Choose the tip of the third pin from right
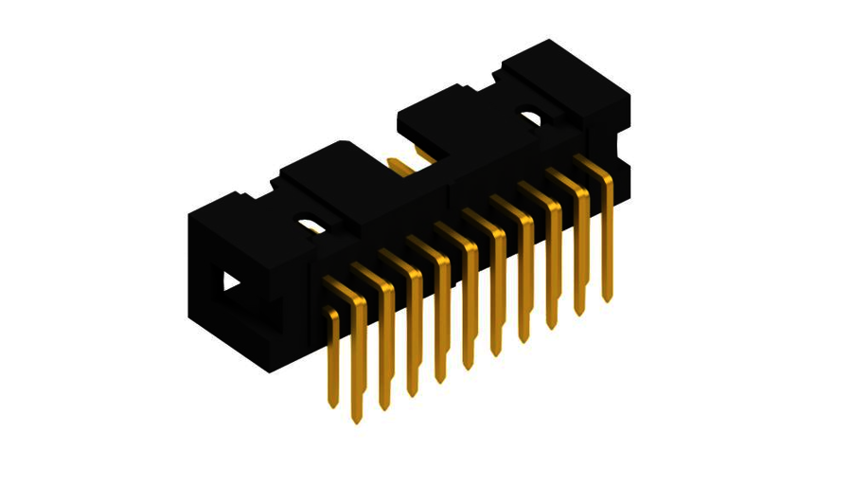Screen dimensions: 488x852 tap(551, 324)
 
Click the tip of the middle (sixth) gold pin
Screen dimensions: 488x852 tap(468, 365)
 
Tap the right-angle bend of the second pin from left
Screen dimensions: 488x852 tap(359, 301)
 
